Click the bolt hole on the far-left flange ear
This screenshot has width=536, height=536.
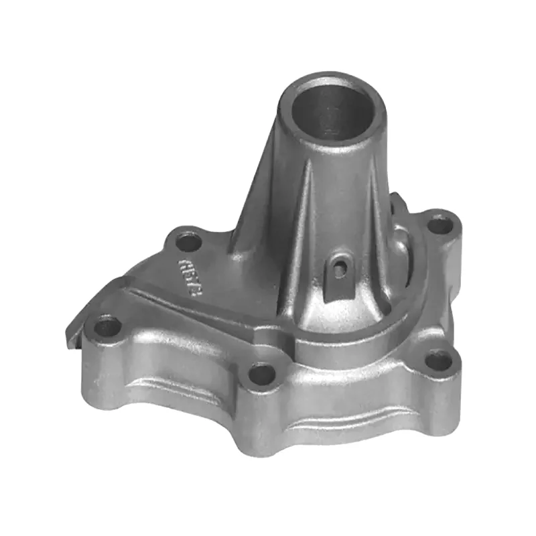pyautogui.click(x=107, y=328)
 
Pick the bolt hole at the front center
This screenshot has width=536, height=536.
pyautogui.click(x=262, y=374)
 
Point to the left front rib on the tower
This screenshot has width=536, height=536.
pyautogui.click(x=305, y=221)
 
